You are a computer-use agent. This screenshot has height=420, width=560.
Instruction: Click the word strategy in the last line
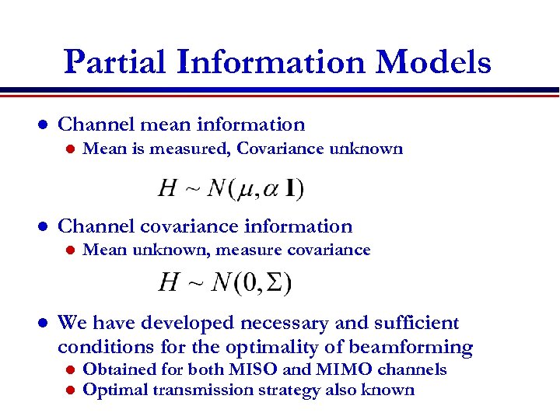coord(314,390)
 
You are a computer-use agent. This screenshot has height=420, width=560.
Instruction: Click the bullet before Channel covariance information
coord(44,227)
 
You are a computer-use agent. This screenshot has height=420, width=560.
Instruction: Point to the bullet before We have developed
coord(44,324)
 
